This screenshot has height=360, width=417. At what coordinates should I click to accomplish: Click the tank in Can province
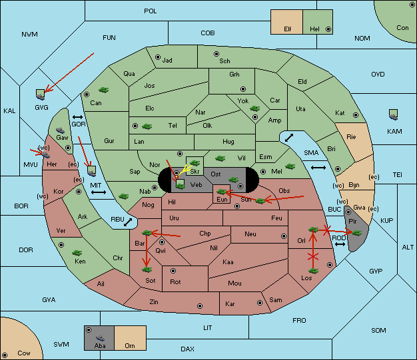pos(104,90)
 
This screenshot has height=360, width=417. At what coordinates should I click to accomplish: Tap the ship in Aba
pos(101,338)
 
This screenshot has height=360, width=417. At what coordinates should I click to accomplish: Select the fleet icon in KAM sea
pos(393,114)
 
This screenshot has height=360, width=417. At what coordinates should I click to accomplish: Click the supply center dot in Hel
pos(328,29)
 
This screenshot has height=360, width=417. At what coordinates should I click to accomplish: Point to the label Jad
pos(167,61)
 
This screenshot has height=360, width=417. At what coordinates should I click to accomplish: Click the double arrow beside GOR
pos(78,117)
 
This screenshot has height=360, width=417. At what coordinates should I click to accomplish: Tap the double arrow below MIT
pos(99,192)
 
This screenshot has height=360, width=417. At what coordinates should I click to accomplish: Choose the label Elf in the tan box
pos(288,29)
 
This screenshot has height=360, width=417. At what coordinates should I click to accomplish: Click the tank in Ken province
pos(77,252)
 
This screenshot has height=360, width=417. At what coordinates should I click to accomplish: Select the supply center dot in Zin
pos(200,306)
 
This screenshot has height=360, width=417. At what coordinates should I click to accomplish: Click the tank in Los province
pos(313,271)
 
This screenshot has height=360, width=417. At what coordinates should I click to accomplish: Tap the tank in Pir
pos(356,233)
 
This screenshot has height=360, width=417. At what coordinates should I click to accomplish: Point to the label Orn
pos(130,345)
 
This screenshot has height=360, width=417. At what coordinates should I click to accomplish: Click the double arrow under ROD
pos(340,244)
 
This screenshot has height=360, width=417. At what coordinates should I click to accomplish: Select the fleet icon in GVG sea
pos(41,94)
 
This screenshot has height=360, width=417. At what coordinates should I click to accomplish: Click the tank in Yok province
pos(254,108)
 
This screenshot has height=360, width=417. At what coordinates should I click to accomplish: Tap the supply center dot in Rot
pos(173,271)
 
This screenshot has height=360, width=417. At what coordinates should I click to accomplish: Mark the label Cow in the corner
pos(24,353)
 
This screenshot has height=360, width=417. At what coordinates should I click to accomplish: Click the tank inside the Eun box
pos(221,192)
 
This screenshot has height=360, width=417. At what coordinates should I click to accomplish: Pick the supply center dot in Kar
pos(260,303)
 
